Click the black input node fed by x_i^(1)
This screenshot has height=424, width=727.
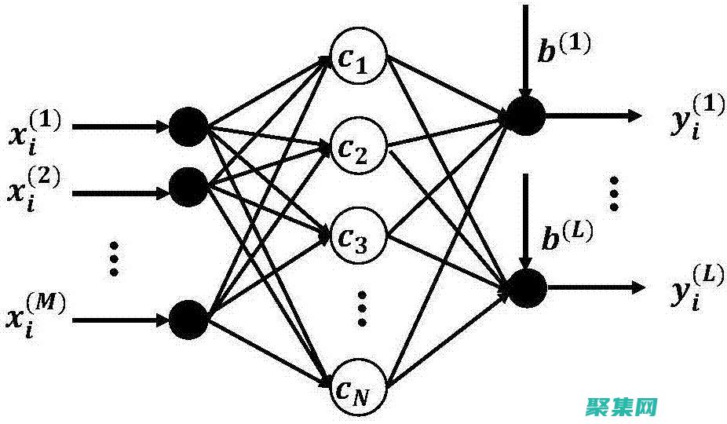pos(188,126)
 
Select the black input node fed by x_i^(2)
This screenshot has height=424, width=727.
pos(188,185)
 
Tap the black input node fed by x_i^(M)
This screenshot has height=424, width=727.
pos(188,319)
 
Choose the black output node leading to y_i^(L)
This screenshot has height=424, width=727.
pos(525,287)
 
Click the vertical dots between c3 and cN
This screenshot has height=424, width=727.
pos(362,309)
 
